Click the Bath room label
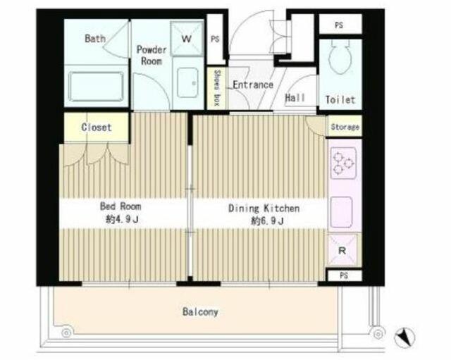95,38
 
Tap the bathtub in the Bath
96,87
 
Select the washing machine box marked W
187,38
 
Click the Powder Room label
152,55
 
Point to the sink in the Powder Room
187,82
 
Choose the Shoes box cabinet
216,88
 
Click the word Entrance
253,85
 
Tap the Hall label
295,98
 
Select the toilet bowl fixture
340,57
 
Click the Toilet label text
340,100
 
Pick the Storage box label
345,127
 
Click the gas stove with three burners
343,162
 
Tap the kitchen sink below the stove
342,213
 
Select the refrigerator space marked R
342,249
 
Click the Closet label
97,127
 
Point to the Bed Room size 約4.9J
122,220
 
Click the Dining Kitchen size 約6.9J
268,221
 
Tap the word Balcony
200,312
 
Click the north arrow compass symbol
404,337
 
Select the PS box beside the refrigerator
344,275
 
